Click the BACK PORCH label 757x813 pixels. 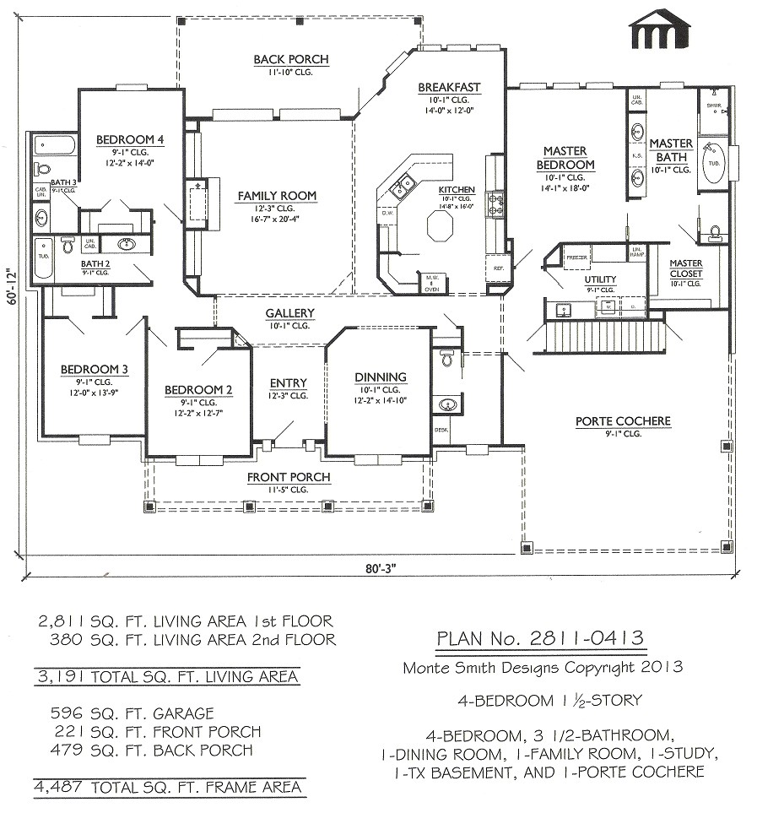point(290,59)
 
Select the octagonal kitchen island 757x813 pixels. point(440,227)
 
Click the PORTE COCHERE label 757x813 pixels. point(623,420)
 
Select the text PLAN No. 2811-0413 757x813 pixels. point(541,638)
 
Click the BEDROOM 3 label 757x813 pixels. point(94,369)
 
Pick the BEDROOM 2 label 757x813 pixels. point(197,389)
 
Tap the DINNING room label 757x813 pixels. point(380,377)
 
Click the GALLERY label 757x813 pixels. point(290,313)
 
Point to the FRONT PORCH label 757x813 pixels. point(289,477)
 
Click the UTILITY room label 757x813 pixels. point(600,279)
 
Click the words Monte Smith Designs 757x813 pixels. point(476,667)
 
